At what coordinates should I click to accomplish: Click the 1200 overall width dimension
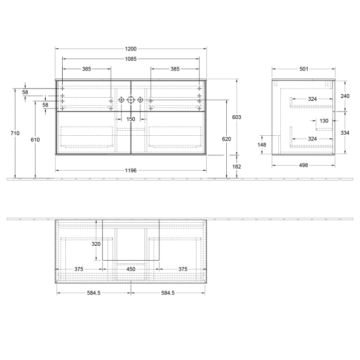pyautogui.click(x=131, y=49)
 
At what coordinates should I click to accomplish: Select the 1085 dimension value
pyautogui.click(x=131, y=59)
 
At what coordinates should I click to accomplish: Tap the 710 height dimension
pyautogui.click(x=15, y=133)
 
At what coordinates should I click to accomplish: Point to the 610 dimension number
pyautogui.click(x=35, y=139)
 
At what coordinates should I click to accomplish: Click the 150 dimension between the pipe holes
pyautogui.click(x=131, y=119)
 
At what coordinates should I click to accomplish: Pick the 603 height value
pyautogui.click(x=237, y=117)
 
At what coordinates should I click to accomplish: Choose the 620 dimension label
pyautogui.click(x=226, y=139)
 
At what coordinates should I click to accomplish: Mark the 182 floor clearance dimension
pyautogui.click(x=237, y=167)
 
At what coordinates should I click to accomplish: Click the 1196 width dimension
pyautogui.click(x=131, y=170)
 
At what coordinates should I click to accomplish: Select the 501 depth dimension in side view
pyautogui.click(x=303, y=69)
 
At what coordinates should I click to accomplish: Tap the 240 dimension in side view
pyautogui.click(x=345, y=96)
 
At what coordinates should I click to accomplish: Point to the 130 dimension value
pyautogui.click(x=323, y=121)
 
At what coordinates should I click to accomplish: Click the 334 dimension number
pyautogui.click(x=345, y=133)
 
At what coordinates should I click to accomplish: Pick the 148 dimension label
pyautogui.click(x=262, y=145)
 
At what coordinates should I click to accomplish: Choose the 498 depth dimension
pyautogui.click(x=303, y=165)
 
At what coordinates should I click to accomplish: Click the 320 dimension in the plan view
pyautogui.click(x=96, y=244)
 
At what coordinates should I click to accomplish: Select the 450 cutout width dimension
pyautogui.click(x=131, y=268)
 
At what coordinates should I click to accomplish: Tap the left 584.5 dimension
pyautogui.click(x=93, y=293)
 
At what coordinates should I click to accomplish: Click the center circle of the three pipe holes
pyautogui.click(x=131, y=100)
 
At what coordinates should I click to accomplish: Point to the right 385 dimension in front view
pyautogui.click(x=175, y=69)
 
